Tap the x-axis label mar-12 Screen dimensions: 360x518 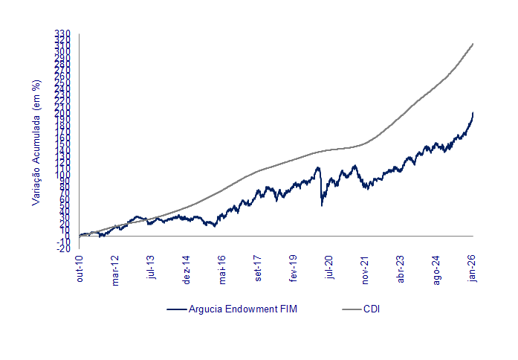[115, 271]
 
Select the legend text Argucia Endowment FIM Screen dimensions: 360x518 [243, 309]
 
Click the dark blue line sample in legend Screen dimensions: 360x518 [176, 309]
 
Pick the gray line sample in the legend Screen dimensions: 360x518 [351, 309]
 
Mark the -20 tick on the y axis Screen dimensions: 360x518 [64, 248]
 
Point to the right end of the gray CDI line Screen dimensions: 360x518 [473, 44]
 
